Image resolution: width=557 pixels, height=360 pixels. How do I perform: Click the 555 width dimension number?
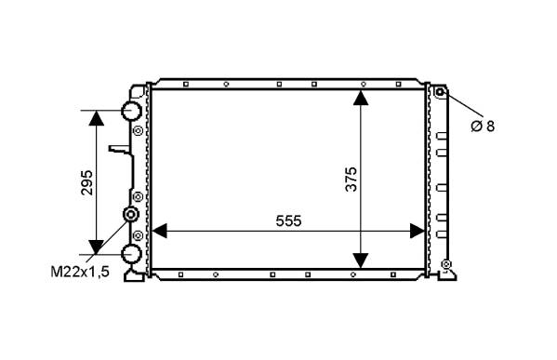pyautogui.click(x=288, y=221)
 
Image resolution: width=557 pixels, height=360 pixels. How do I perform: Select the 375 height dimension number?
pyautogui.click(x=351, y=180)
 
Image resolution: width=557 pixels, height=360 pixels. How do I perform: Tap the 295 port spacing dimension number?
pyautogui.click(x=86, y=182)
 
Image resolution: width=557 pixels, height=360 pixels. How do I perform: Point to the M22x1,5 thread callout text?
pyautogui.click(x=80, y=272)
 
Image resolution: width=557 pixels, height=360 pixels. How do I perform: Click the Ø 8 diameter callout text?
pyautogui.click(x=483, y=127)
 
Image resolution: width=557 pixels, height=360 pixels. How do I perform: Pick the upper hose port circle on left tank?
pyautogui.click(x=131, y=111)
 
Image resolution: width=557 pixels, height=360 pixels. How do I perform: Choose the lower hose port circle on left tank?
pyautogui.click(x=131, y=255)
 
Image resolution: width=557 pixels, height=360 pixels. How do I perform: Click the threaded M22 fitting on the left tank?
pyautogui.click(x=130, y=214)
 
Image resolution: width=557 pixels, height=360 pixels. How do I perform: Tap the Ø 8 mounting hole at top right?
pyautogui.click(x=440, y=92)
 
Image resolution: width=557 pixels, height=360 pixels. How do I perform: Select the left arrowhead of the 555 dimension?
pyautogui.click(x=160, y=231)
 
